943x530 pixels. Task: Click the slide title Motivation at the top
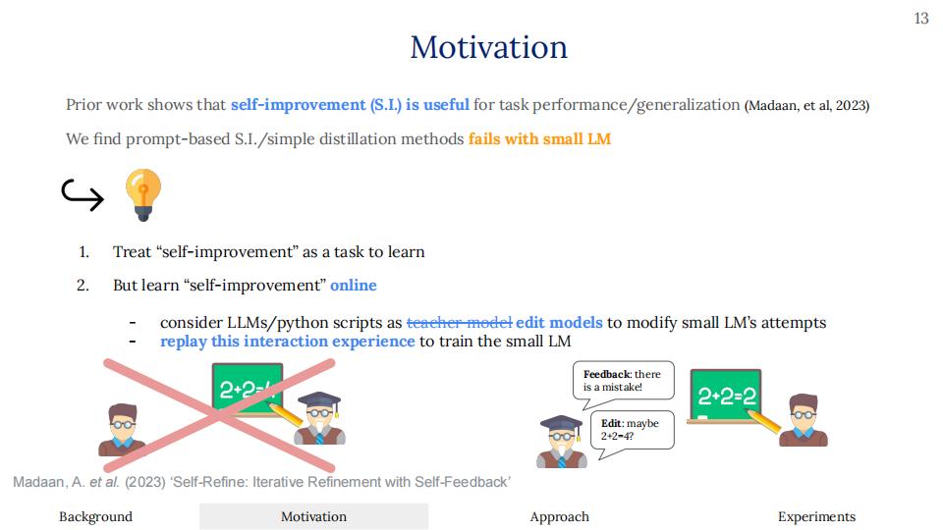click(488, 47)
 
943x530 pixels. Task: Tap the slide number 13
click(920, 19)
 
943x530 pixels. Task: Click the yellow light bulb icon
click(143, 194)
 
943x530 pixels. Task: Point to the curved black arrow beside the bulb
click(83, 194)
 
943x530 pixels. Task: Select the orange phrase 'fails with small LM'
click(539, 138)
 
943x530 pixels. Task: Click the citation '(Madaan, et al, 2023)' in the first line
click(806, 106)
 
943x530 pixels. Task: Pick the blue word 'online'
click(354, 285)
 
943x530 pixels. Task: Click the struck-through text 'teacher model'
click(460, 323)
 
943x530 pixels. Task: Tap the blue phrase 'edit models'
click(559, 323)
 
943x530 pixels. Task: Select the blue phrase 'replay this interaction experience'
click(288, 342)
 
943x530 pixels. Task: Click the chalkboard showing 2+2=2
click(726, 397)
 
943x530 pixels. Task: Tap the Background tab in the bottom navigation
click(95, 517)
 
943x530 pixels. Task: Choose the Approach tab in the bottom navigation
click(559, 517)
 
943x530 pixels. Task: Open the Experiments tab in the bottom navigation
click(816, 517)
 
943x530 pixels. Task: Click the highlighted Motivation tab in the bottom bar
click(314, 517)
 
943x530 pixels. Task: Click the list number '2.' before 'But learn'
click(83, 285)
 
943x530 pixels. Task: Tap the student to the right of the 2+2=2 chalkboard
click(803, 420)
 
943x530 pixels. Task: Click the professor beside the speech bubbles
click(561, 442)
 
